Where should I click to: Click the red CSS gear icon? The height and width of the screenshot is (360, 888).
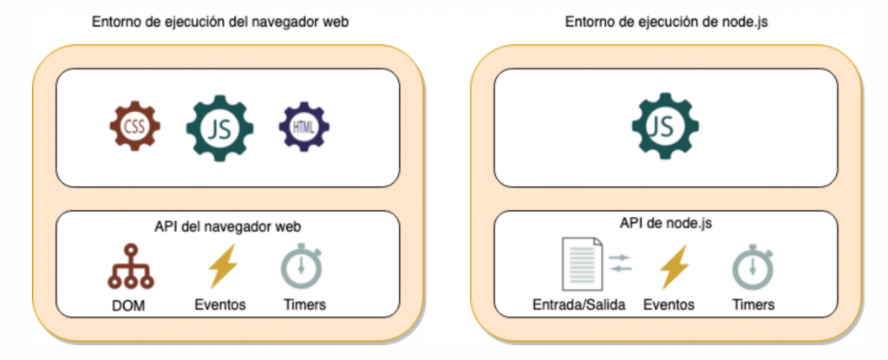pyautogui.click(x=135, y=128)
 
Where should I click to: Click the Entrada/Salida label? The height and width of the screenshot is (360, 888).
pyautogui.click(x=579, y=304)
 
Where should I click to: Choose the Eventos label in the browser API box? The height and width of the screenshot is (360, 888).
pyautogui.click(x=221, y=304)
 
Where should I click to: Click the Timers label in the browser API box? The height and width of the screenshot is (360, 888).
pyautogui.click(x=305, y=304)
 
